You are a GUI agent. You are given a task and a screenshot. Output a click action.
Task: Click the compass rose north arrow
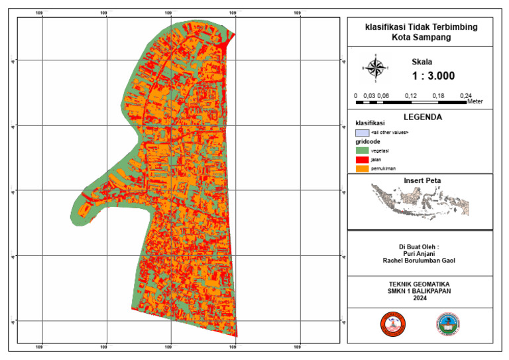[x=375, y=68]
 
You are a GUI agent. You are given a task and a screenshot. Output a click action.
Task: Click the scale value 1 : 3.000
[x=433, y=76]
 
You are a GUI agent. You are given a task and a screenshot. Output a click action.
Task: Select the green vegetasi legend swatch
[x=361, y=150]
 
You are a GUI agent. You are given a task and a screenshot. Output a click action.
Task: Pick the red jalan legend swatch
[x=361, y=160]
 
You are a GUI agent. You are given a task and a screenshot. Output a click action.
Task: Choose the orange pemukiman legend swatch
[x=361, y=169]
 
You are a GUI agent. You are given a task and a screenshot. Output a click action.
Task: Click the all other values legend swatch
[x=361, y=133]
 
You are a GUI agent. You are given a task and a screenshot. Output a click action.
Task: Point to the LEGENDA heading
[x=421, y=117]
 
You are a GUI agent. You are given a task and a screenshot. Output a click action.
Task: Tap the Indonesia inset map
[x=420, y=200]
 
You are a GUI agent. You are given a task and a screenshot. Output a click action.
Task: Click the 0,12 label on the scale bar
[x=410, y=96]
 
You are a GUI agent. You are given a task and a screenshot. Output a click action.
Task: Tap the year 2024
[x=420, y=298]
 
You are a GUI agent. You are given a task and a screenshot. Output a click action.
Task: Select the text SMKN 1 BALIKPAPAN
[x=420, y=290]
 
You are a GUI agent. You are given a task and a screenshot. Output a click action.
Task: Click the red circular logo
[x=392, y=324]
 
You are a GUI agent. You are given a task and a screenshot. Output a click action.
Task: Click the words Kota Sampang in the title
[x=421, y=38]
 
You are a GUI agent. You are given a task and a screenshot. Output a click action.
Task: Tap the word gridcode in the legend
[x=367, y=142]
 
